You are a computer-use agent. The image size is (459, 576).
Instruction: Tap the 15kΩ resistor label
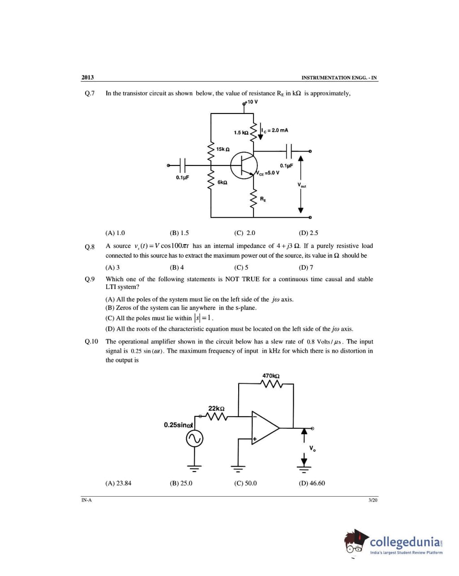click(223, 149)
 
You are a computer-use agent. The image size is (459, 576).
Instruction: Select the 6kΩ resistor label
click(222, 183)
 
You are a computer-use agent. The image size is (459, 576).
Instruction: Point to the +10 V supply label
click(252, 102)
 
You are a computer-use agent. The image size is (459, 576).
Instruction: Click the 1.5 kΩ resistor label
click(241, 133)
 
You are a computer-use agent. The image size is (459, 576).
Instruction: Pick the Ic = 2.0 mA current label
click(276, 130)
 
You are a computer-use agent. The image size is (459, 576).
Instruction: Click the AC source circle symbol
click(195, 438)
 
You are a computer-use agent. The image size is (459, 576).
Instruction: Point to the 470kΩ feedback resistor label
click(271, 375)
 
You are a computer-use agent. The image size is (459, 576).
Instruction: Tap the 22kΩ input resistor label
click(216, 408)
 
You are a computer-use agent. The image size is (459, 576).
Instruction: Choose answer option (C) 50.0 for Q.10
click(245, 483)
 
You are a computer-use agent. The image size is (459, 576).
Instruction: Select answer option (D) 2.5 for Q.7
click(308, 233)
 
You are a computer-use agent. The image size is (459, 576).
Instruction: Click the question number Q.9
click(90, 279)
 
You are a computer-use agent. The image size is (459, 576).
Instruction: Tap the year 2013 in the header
click(88, 77)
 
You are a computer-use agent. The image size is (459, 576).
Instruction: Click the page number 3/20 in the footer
click(373, 500)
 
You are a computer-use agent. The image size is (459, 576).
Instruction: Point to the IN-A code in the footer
click(86, 500)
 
